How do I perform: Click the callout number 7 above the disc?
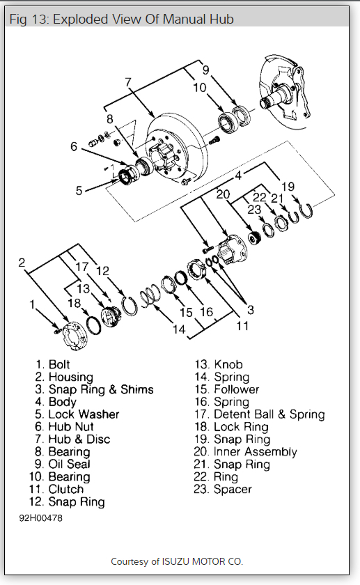129,81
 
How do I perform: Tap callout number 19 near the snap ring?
288,187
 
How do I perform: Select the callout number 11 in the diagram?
242,326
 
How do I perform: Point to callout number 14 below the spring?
179,329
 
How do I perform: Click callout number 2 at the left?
22,263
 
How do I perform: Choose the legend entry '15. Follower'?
226,389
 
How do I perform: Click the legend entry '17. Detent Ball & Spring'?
260,414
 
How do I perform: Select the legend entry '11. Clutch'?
56,489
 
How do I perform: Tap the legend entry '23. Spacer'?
223,489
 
